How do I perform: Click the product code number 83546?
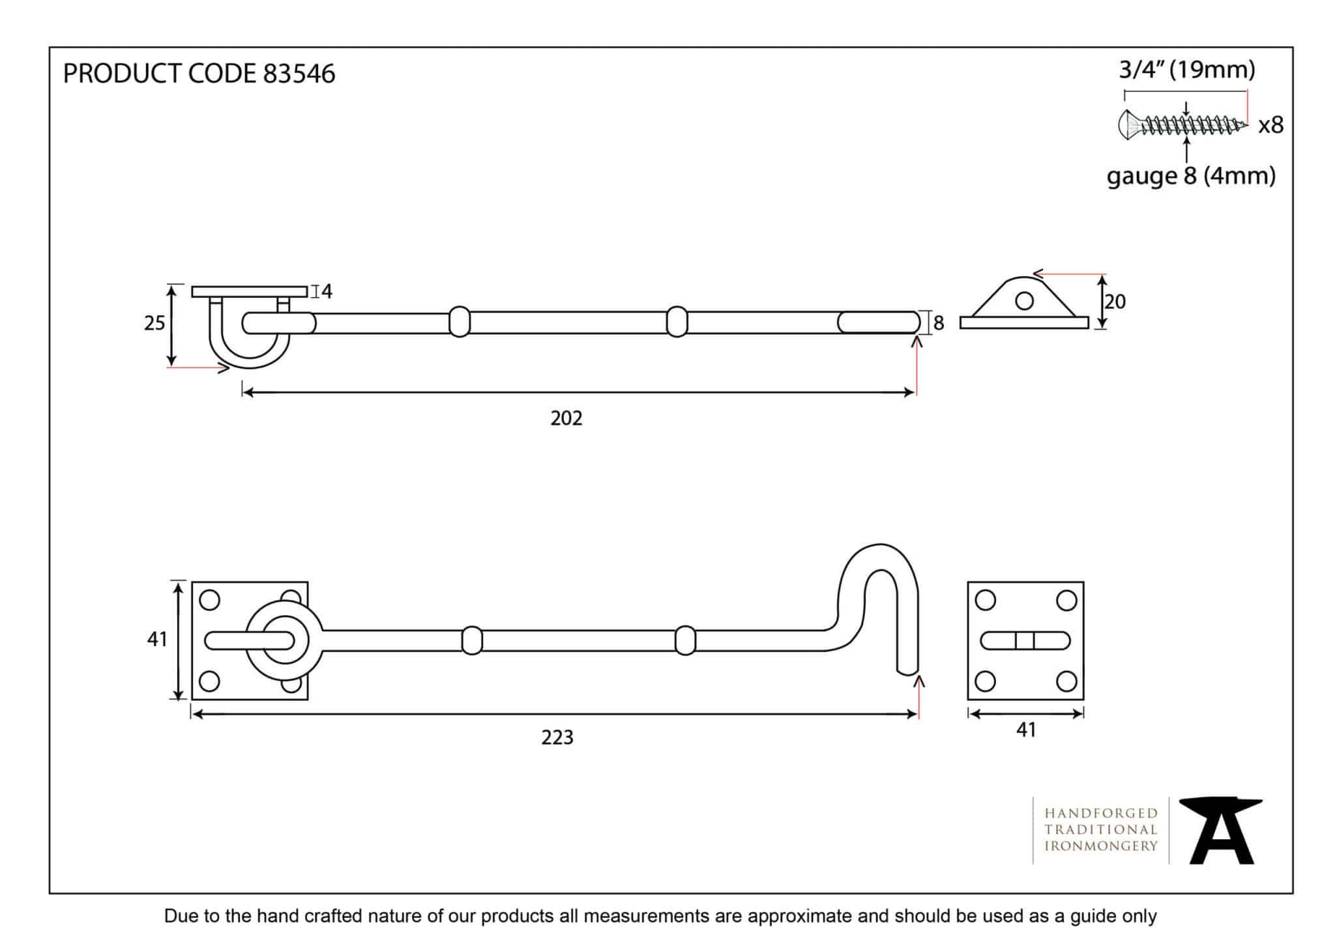pos(299,74)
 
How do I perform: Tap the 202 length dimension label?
pos(566,418)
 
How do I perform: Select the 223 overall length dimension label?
pos(557,737)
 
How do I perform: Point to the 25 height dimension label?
pos(154,323)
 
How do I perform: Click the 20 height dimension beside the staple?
pos(1115,302)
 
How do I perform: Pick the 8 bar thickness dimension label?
pos(939,323)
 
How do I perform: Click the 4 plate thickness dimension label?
pos(327,292)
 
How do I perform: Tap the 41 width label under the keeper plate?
pos(1025,730)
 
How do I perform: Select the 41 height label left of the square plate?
pos(157,639)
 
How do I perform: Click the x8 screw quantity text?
pos(1270,125)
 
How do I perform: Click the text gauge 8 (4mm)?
pos(1191,176)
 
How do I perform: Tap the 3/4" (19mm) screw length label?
pos(1187,70)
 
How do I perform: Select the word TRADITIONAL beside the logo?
pos(1101,829)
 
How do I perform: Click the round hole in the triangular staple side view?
pos(1024,300)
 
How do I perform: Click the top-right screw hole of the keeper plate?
pos(1066,600)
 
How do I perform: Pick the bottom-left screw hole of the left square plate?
pos(209,681)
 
